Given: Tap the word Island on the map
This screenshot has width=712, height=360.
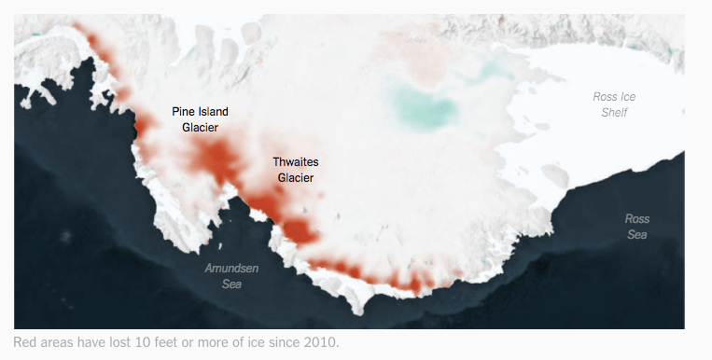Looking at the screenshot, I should pyautogui.click(x=212, y=112).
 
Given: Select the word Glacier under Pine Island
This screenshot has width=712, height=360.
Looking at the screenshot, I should pyautogui.click(x=200, y=128).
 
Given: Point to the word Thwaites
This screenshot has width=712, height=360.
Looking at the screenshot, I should pyautogui.click(x=296, y=161).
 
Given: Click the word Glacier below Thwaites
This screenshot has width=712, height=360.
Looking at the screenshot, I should pyautogui.click(x=296, y=177).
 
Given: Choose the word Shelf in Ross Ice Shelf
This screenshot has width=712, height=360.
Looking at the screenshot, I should pyautogui.click(x=615, y=112).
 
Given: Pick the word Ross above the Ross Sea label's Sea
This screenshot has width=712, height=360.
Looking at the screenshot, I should pyautogui.click(x=637, y=219).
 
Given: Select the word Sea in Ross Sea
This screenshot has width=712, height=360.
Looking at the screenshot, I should pyautogui.click(x=637, y=234).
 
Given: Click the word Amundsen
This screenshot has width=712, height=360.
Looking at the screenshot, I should pyautogui.click(x=232, y=269).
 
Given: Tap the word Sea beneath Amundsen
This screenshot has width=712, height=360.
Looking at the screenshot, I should pyautogui.click(x=232, y=284).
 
